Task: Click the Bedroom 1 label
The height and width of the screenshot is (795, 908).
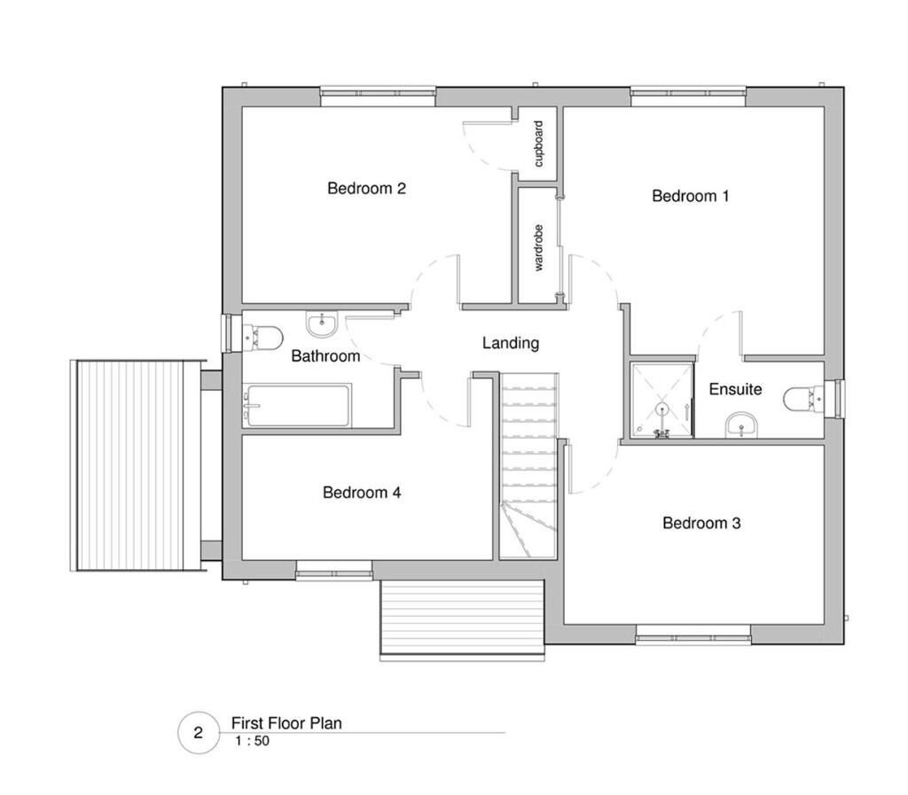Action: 690,196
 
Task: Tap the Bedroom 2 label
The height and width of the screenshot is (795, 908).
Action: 366,188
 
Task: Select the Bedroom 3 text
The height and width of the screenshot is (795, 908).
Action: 701,523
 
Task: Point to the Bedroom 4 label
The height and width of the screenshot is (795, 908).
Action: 362,493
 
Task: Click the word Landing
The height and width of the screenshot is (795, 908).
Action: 510,343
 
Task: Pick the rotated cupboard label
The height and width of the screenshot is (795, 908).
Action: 538,144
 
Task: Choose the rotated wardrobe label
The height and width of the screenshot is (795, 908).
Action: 538,247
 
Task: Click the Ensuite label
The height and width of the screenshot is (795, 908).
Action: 735,389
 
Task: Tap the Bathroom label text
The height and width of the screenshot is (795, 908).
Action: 325,356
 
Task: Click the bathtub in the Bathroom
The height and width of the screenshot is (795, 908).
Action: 298,406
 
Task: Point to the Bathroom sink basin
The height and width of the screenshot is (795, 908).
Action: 321,324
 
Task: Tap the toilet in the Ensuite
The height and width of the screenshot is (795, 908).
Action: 802,398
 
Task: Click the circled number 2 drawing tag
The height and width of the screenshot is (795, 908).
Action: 198,733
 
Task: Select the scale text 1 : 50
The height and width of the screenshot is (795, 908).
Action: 252,742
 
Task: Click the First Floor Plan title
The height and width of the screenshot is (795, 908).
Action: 286,723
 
